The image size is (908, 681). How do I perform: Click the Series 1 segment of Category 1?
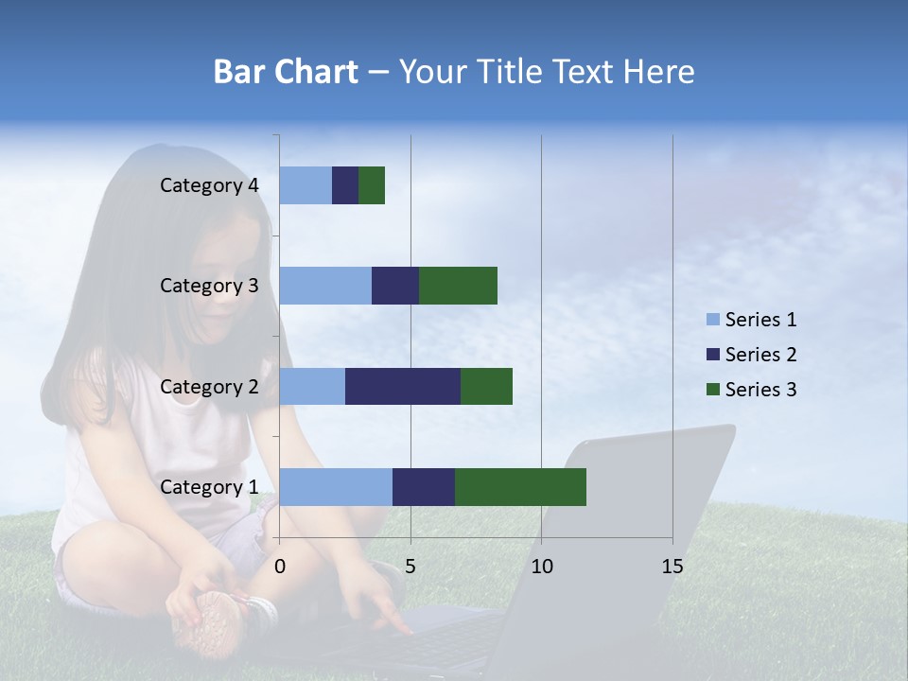point(336,486)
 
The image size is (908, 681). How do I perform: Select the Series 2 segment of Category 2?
point(402,386)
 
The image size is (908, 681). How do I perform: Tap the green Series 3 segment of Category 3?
point(458,286)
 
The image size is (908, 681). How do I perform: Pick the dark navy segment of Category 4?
point(345,185)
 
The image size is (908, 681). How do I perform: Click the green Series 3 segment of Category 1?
point(520,486)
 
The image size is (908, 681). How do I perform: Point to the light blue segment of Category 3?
point(325,286)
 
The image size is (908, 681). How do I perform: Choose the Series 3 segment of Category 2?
point(486,386)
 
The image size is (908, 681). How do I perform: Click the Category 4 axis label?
point(209,185)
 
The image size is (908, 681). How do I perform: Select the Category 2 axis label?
point(209,386)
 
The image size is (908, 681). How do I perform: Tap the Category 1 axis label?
point(209,487)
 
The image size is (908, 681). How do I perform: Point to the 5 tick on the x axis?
point(410,567)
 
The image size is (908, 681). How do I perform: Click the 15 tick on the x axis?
point(672,567)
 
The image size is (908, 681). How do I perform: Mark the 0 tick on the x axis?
point(280,567)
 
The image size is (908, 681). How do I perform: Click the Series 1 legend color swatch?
point(712,320)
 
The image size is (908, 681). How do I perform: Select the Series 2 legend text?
point(760,355)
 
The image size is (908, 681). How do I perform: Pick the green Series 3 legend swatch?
point(712,390)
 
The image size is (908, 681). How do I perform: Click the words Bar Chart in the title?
point(286,72)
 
